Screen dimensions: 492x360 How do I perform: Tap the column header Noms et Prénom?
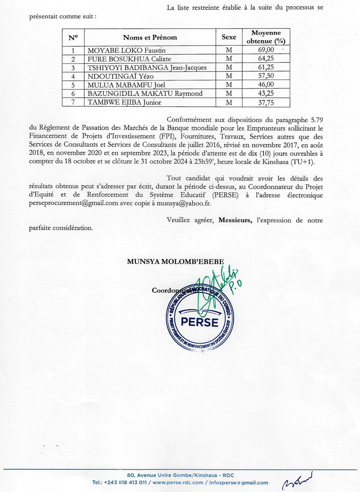[x=150, y=37]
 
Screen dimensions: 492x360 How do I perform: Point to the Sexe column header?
[x=229, y=37]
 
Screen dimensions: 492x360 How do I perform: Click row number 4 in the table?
[x=73, y=76]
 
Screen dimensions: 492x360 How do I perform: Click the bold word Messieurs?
[x=235, y=220]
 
